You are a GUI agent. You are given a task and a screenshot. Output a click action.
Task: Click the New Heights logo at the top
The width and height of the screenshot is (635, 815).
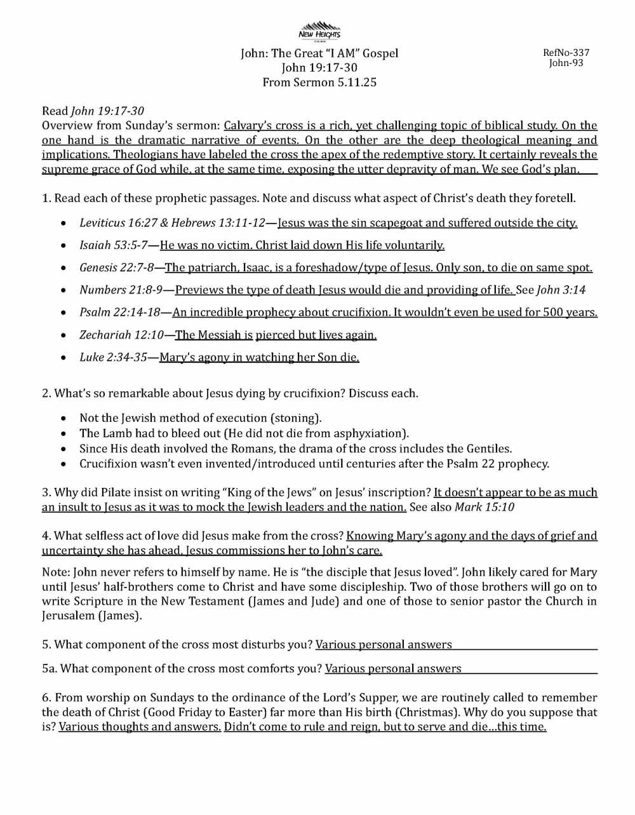pyautogui.click(x=319, y=30)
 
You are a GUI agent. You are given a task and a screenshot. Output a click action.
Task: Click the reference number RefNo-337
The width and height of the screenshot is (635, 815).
pyautogui.click(x=566, y=53)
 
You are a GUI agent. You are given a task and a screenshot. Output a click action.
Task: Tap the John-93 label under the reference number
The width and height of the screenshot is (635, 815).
pyautogui.click(x=566, y=63)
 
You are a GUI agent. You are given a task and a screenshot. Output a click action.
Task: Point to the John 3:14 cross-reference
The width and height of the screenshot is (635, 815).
pyautogui.click(x=561, y=290)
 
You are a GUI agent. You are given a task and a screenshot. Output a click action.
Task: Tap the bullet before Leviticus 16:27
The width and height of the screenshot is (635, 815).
pyautogui.click(x=64, y=224)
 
